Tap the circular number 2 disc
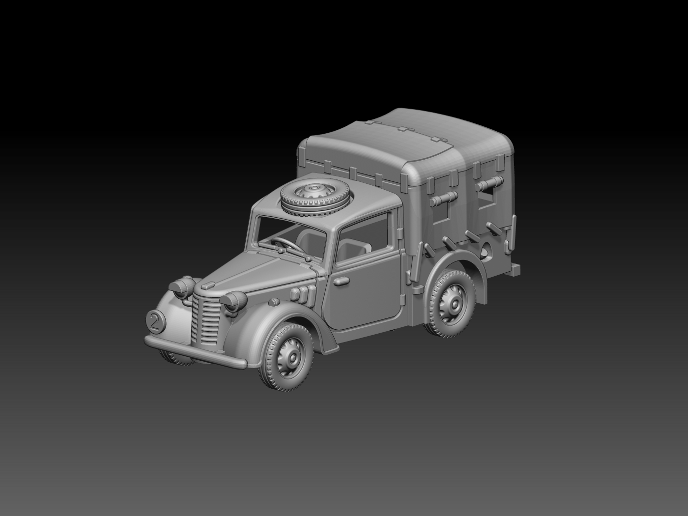pyautogui.click(x=156, y=320)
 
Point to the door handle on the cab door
pyautogui.click(x=342, y=281)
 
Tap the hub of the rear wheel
pyautogui.click(x=451, y=303)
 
